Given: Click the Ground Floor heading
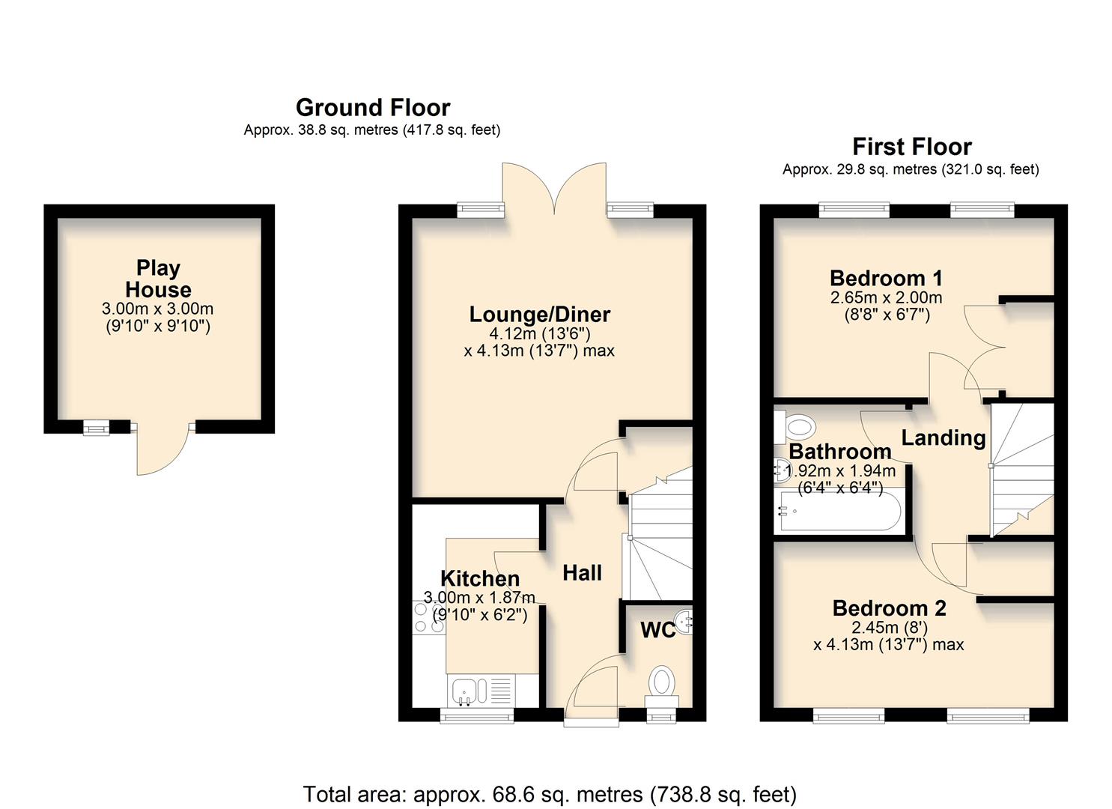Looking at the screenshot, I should [x=372, y=108].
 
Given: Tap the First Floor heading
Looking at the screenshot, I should [x=911, y=147].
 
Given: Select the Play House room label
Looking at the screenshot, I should [x=158, y=279].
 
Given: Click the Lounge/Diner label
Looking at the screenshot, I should [x=539, y=315].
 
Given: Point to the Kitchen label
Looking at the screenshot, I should [x=479, y=578].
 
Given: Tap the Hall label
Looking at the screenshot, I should [x=582, y=573].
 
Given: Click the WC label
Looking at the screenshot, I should [x=657, y=631].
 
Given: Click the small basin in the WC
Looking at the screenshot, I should [x=684, y=620].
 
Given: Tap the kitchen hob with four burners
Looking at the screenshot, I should [x=428, y=616].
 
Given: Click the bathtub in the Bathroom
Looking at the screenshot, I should [x=839, y=512].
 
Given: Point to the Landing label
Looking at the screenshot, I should [x=943, y=437].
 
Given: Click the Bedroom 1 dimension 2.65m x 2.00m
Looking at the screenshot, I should [x=886, y=298].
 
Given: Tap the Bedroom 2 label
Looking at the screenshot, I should [x=889, y=608].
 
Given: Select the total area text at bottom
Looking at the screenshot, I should [x=550, y=794].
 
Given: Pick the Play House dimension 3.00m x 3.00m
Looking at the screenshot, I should [x=157, y=309].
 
